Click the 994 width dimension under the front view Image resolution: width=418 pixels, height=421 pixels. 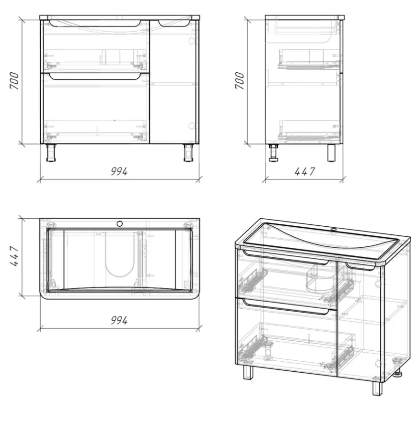[119, 171]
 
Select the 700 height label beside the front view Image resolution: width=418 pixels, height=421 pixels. [14, 80]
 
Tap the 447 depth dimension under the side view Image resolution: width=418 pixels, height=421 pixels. [304, 171]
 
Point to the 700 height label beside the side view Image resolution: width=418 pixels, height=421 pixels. [240, 80]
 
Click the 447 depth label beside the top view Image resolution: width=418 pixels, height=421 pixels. [14, 256]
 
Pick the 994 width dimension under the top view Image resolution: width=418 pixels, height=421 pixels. [119, 320]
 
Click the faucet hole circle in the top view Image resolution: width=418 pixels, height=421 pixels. [120, 223]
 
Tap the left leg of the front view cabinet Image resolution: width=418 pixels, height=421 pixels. [51, 153]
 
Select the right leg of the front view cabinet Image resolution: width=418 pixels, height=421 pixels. [188, 153]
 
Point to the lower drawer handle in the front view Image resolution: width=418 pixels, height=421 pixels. [95, 77]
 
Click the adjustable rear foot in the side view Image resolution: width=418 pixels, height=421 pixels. [274, 153]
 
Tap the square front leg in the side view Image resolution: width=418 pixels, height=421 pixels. [332, 153]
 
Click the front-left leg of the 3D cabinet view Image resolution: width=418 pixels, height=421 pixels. [248, 372]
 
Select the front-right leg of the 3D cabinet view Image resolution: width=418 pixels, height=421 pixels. [377, 388]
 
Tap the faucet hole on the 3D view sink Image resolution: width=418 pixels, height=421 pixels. [334, 229]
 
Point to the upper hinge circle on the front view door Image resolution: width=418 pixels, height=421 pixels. [192, 41]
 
